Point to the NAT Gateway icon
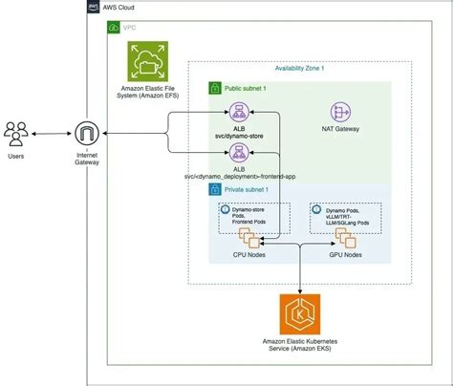(341, 112)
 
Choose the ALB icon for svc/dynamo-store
(236, 112)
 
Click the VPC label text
(129, 28)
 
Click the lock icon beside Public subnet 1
(215, 87)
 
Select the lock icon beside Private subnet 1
(215, 190)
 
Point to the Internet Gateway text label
(88, 160)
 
